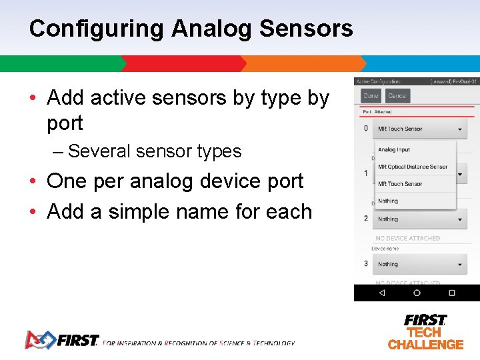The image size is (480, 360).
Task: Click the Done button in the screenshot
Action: [x=371, y=96]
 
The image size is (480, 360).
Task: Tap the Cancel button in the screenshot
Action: [x=397, y=96]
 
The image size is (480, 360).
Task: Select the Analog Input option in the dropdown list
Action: [x=394, y=150]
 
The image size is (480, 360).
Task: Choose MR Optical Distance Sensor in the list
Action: [x=413, y=167]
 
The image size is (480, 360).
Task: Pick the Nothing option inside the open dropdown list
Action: [x=388, y=201]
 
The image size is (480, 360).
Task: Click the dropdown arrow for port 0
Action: [x=460, y=129]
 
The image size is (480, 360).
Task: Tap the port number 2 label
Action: [x=365, y=219]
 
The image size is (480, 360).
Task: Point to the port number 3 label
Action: [x=365, y=264]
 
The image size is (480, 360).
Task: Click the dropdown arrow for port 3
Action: [x=460, y=265]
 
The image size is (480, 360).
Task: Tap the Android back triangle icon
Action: [x=381, y=293]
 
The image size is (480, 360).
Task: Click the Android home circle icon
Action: [x=417, y=293]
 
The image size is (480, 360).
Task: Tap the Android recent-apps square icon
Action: [x=451, y=293]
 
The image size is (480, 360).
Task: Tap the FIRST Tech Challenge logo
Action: [x=425, y=332]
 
